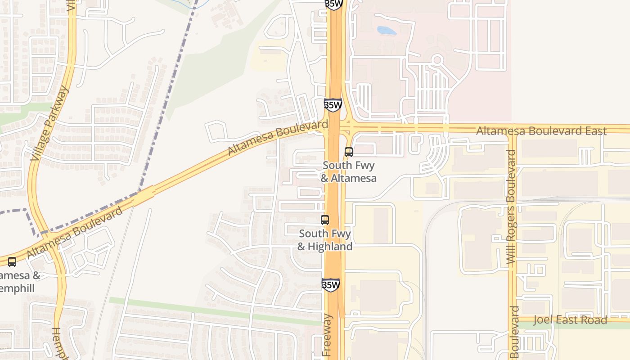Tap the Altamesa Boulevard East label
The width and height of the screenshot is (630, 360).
[x=541, y=131]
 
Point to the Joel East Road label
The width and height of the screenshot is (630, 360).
[x=570, y=320]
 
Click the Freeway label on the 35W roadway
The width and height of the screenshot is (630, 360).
[x=327, y=335]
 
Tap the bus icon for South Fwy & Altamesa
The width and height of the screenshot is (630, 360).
[x=349, y=152]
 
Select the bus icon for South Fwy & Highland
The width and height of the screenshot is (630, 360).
[x=325, y=220]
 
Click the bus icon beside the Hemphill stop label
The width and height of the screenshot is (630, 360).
[x=12, y=261]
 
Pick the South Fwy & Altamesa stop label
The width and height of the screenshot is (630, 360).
[x=348, y=172]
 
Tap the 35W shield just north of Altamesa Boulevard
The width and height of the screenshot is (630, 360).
[x=333, y=105]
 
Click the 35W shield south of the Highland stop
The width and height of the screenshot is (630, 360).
[x=331, y=285]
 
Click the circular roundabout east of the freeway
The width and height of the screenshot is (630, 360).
[x=437, y=59]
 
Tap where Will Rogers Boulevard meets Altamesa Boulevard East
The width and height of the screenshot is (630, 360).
[x=513, y=130]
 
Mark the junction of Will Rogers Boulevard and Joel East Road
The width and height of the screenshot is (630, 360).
[x=513, y=319]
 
